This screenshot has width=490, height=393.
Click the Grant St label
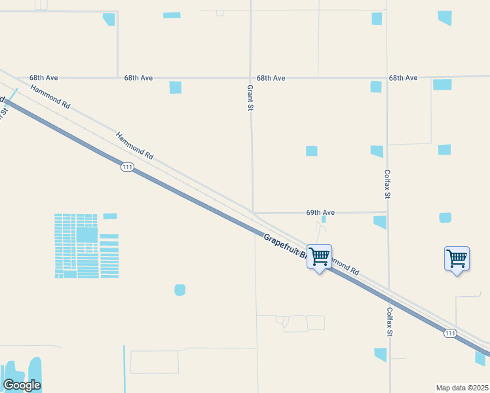pos(250,97)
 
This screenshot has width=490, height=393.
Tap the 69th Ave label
pos(320,213)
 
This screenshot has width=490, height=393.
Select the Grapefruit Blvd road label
pos(285,248)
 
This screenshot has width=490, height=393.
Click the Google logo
pos(22,385)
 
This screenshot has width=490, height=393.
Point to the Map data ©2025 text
pos(462,388)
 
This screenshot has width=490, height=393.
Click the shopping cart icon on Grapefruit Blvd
pos(319,257)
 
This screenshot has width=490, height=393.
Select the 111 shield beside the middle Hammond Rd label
pos(127,168)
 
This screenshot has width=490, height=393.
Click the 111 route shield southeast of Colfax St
pos(450,333)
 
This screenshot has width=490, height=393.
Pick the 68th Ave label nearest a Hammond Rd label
pos(44,78)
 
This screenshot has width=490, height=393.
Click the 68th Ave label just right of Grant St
pos(271,78)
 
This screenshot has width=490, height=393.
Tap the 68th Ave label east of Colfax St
pos(403,78)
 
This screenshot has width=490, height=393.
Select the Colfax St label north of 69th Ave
pos(387,185)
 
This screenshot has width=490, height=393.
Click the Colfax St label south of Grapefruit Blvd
pos(389,322)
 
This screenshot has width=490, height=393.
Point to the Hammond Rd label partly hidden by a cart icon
pos(345,266)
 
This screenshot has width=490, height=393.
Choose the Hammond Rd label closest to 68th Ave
pos(50,95)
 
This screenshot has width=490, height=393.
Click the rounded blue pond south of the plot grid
pos(179,290)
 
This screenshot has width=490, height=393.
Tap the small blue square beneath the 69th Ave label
pos(324,219)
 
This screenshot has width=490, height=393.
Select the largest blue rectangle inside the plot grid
pos(86,234)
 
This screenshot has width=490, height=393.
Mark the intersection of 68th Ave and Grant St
pos(251,78)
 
